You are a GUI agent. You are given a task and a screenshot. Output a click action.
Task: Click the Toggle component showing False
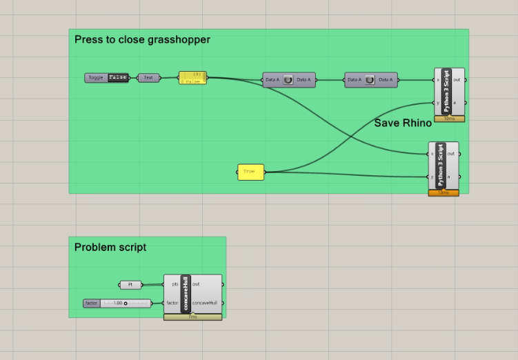pos(107,78)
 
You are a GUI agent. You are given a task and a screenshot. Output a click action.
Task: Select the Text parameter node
pos(148,78)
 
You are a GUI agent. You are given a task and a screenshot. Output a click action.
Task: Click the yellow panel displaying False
pos(192,78)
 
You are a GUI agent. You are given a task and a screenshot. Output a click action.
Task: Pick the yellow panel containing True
pos(250,172)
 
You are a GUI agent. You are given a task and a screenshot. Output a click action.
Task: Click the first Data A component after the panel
pos(288,80)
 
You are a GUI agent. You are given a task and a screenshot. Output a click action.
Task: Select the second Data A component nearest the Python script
pos(370,80)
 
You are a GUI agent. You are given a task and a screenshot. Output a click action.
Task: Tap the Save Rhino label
pos(403,123)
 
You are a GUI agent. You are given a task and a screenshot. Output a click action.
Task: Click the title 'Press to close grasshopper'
pos(142,40)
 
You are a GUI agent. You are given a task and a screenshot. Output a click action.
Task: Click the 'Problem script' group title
pos(110,248)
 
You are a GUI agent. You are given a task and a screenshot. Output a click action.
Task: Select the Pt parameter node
pos(130,284)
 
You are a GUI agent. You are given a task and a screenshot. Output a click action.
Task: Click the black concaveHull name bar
pos(186,294)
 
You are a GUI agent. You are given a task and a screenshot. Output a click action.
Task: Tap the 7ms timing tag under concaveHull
pos(193,317)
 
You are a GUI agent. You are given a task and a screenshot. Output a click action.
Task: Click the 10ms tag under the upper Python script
pos(449,119)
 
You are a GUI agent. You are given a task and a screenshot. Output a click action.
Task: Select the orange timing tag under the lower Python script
pos(444,193)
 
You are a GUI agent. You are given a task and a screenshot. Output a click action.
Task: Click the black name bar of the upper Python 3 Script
pos(446,92)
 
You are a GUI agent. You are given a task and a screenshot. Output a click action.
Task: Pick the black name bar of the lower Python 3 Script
pos(440,166)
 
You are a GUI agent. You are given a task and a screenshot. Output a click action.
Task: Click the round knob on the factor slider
pos(126,303)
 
